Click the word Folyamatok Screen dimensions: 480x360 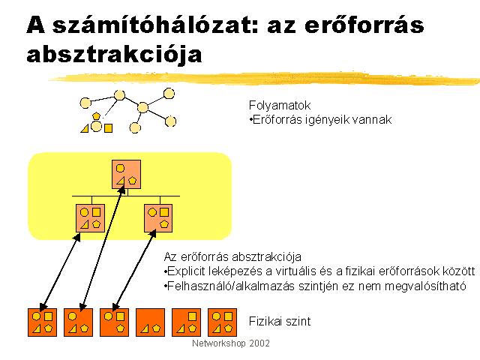pyautogui.click(x=280, y=106)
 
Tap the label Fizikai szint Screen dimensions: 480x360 pyautogui.click(x=280, y=321)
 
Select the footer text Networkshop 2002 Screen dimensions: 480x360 pyautogui.click(x=231, y=343)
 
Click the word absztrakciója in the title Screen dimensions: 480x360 pyautogui.click(x=114, y=54)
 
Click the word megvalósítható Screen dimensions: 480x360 pyautogui.click(x=425, y=286)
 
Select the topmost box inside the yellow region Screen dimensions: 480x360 pyautogui.click(x=127, y=174)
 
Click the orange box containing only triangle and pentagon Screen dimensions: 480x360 pyautogui.click(x=150, y=322)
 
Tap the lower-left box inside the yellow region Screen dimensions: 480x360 pyautogui.click(x=90, y=218)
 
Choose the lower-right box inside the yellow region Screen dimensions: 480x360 pyautogui.click(x=158, y=218)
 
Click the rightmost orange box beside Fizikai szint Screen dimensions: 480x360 pyautogui.click(x=222, y=322)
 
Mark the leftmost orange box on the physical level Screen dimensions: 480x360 pyautogui.click(x=42, y=322)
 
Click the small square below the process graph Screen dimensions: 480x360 pyautogui.click(x=108, y=128)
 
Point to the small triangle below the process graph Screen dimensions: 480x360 pyautogui.click(x=85, y=128)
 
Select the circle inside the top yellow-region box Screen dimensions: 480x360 pyautogui.click(x=120, y=168)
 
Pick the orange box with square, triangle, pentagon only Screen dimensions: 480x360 pyautogui.click(x=187, y=322)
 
